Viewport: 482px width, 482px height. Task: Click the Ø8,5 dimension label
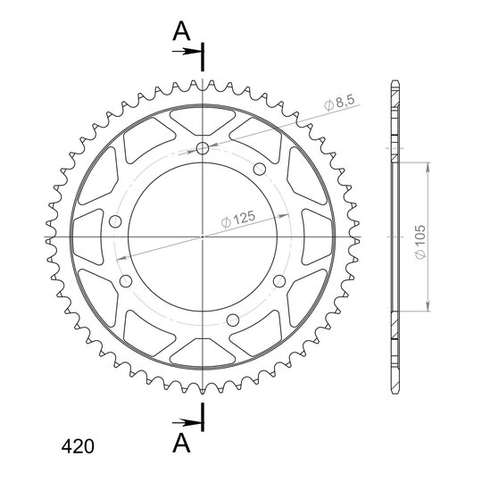pyautogui.click(x=340, y=103)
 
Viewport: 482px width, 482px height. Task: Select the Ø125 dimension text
pyautogui.click(x=238, y=220)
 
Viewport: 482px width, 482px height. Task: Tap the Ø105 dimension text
pyautogui.click(x=420, y=242)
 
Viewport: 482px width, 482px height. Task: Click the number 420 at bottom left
pyautogui.click(x=78, y=446)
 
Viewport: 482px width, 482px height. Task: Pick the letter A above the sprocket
pyautogui.click(x=181, y=31)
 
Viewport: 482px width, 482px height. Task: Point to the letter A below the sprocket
pyautogui.click(x=181, y=443)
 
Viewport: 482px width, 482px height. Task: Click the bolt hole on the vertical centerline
pyautogui.click(x=203, y=148)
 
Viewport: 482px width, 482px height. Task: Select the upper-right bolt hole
pyautogui.click(x=260, y=169)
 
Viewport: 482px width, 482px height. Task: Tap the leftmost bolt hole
pyautogui.click(x=115, y=221)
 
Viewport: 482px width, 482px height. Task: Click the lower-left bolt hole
pyautogui.click(x=126, y=281)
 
